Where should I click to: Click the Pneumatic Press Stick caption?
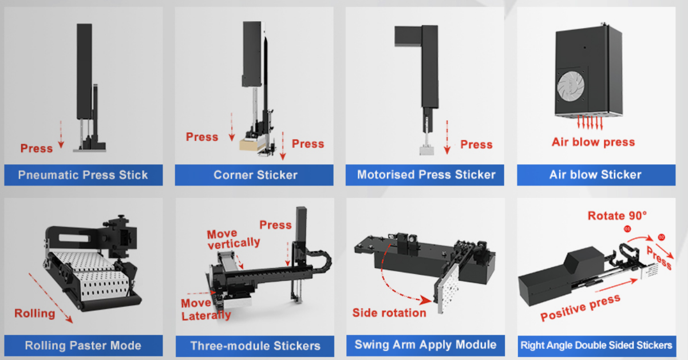click(x=83, y=175)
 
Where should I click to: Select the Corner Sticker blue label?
click(x=254, y=175)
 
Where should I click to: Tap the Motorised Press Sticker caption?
click(x=426, y=175)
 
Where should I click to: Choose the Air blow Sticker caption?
click(x=595, y=175)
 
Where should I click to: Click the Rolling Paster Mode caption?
click(x=83, y=346)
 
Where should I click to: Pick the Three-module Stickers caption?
click(x=255, y=346)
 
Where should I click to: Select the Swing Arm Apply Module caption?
click(x=425, y=345)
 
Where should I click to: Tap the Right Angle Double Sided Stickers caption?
click(x=596, y=345)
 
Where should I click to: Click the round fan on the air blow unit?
click(x=571, y=86)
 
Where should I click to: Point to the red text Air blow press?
click(x=594, y=142)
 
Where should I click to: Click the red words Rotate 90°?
click(x=617, y=216)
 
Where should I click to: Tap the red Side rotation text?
click(x=389, y=312)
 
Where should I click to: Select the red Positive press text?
click(x=580, y=308)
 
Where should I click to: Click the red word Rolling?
click(x=35, y=313)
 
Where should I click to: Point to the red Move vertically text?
click(x=234, y=239)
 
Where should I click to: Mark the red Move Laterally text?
click(x=206, y=309)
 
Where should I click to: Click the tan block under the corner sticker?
click(x=248, y=144)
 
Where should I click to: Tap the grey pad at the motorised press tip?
click(x=426, y=151)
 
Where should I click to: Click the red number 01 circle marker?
click(x=627, y=229)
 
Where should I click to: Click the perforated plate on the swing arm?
click(x=447, y=288)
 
